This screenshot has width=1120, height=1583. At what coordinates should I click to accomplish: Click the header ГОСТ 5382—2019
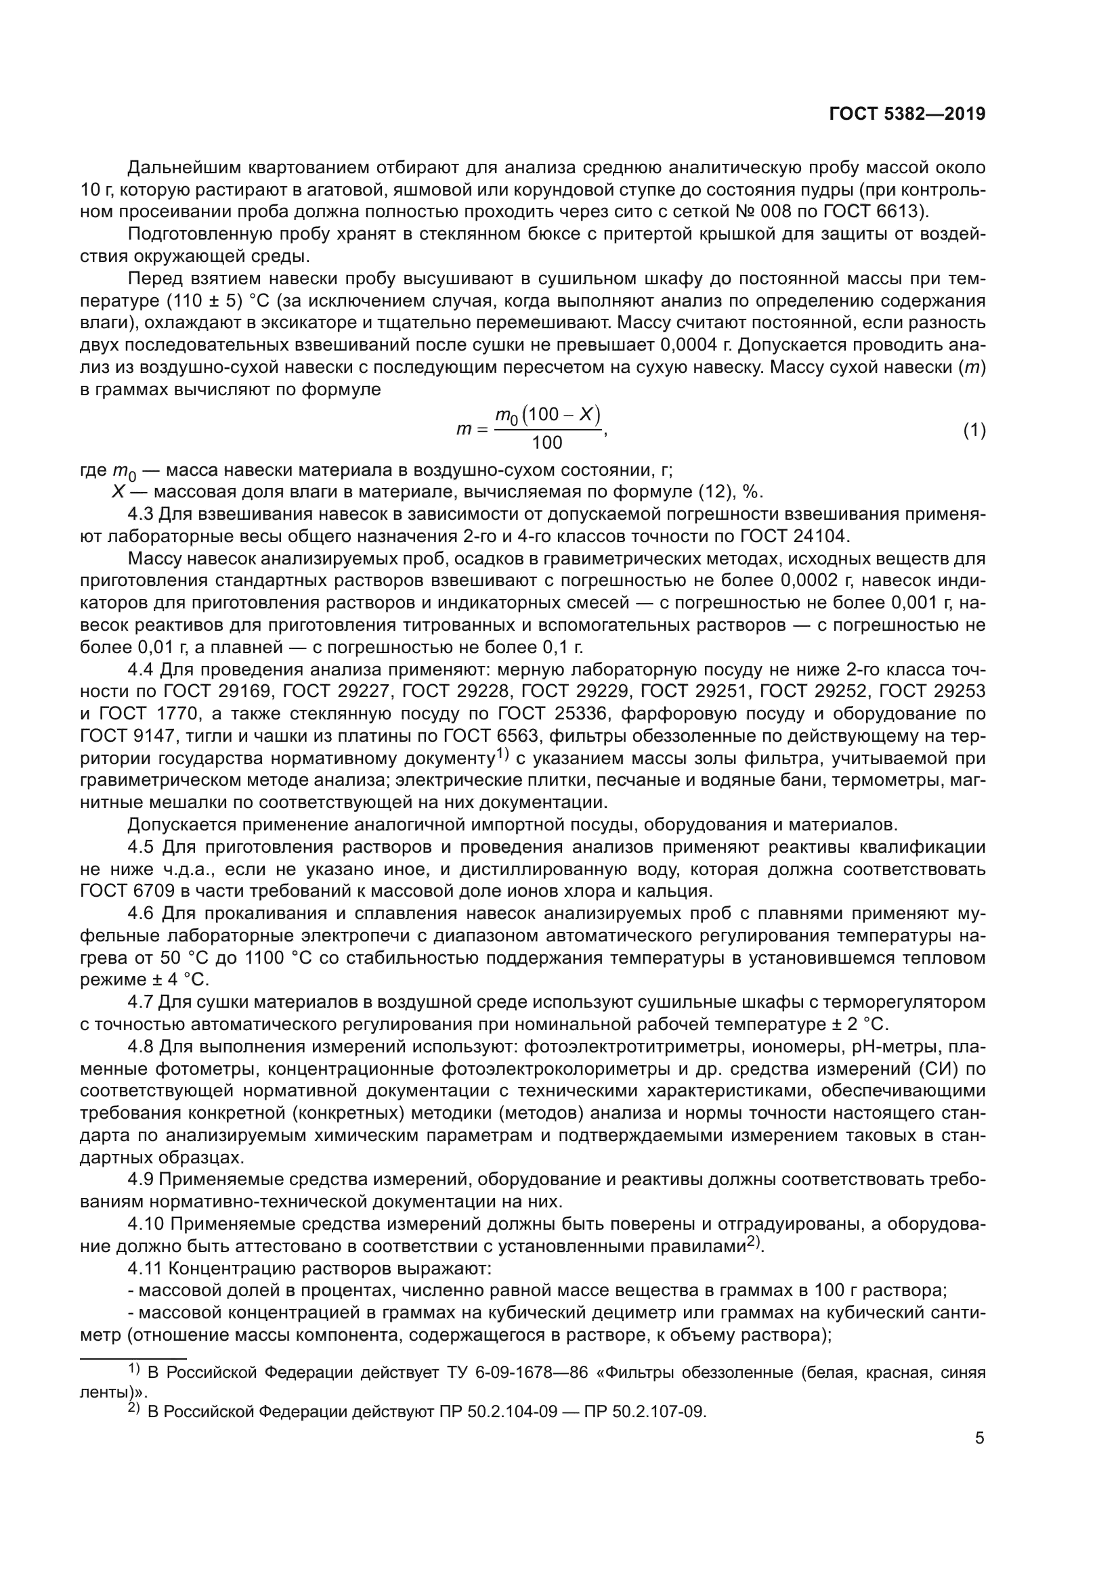click(907, 114)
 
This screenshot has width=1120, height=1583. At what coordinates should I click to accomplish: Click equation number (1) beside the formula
click(974, 431)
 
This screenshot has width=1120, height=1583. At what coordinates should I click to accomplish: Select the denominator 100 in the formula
click(547, 443)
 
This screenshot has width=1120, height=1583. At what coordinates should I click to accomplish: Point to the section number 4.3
click(142, 514)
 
